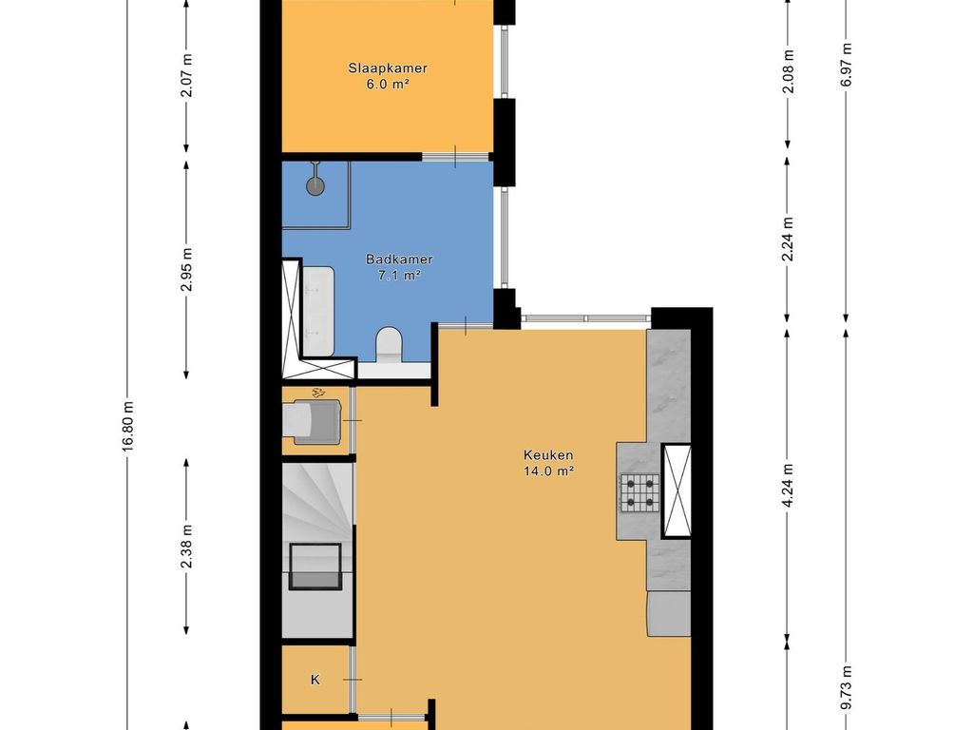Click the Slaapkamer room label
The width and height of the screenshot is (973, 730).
[x=386, y=68]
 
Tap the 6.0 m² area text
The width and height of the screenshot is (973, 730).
[x=386, y=84]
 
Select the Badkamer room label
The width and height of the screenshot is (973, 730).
[x=393, y=259]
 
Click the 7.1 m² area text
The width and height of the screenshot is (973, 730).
[x=393, y=276]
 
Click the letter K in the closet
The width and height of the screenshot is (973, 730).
[x=315, y=680]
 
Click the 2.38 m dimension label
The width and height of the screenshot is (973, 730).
[x=187, y=547]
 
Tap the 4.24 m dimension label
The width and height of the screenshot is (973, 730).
[x=788, y=486]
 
